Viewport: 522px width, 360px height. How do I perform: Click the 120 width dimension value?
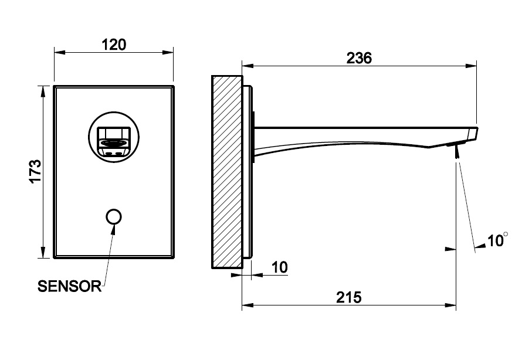[114, 45]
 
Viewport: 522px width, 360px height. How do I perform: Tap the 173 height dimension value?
[35, 171]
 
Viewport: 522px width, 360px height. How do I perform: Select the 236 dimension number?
[359, 58]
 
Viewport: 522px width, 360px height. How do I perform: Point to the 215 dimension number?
[348, 297]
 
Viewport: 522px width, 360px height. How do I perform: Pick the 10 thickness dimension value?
[280, 267]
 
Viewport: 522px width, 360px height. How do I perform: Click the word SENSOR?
[70, 286]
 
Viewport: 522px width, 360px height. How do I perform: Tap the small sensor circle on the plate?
[114, 216]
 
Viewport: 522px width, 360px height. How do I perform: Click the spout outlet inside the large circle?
[113, 141]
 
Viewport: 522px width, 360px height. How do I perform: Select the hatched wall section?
[227, 172]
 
